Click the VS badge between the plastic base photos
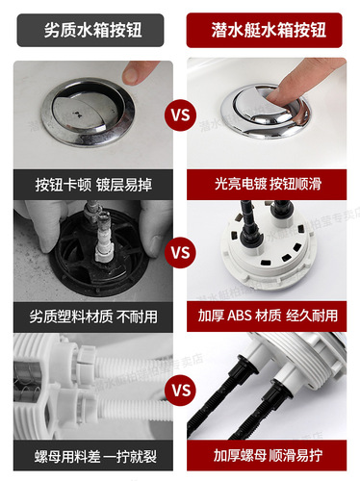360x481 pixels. [180, 254]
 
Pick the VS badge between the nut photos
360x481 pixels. [180, 391]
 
